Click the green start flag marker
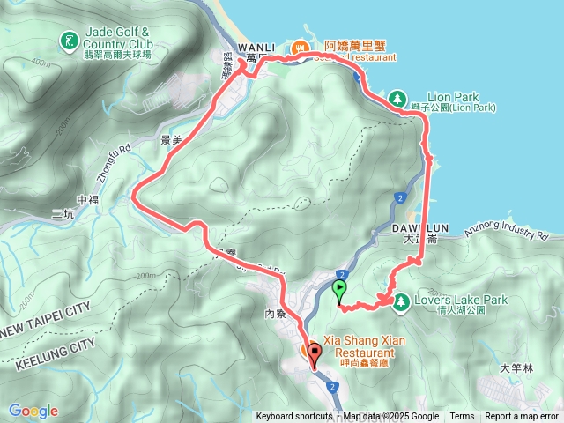339,289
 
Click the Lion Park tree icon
397,97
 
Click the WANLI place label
256,47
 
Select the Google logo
33,411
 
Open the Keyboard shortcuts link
294,417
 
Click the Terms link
462,417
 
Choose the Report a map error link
523,417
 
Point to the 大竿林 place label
510,368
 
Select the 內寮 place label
276,314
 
